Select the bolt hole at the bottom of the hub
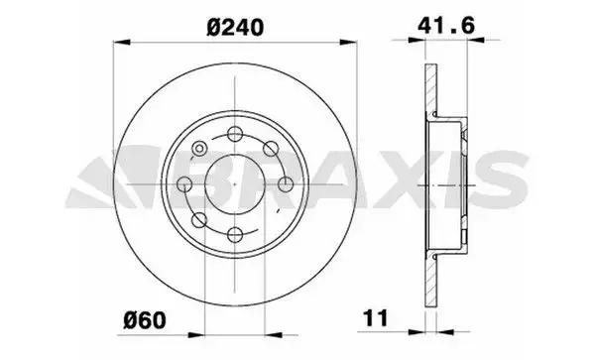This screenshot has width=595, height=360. click(x=235, y=233)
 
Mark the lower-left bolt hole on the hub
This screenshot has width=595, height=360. click(x=199, y=219)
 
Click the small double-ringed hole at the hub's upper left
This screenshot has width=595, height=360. click(x=199, y=149)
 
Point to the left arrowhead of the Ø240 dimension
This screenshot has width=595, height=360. click(x=118, y=43)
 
